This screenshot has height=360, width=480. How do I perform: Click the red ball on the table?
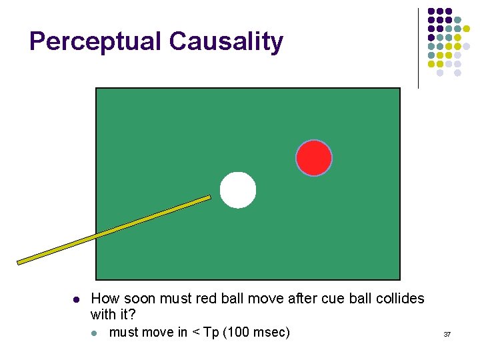(x=314, y=158)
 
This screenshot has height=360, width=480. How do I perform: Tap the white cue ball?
(x=238, y=190)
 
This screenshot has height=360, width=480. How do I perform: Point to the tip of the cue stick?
(x=209, y=197)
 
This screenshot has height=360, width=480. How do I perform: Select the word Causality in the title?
(x=226, y=41)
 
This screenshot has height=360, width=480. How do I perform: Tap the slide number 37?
(x=447, y=333)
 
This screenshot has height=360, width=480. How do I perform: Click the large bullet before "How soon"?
(x=75, y=299)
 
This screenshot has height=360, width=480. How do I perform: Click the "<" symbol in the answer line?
(x=196, y=332)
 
